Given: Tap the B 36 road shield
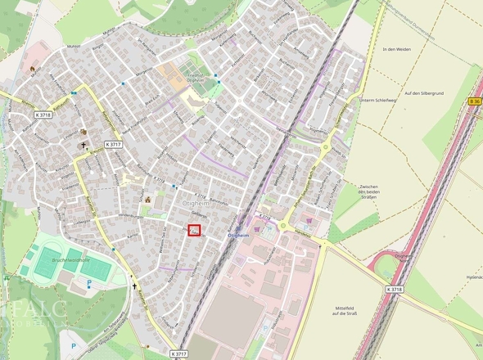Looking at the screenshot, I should click(x=476, y=101).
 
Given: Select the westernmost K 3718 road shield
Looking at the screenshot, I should click(x=44, y=116).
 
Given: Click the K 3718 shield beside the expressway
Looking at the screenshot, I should click(x=394, y=289).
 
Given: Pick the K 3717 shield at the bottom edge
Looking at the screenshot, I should click(x=180, y=353).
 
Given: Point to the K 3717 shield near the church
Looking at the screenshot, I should click(x=114, y=144).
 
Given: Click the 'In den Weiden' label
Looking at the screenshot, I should click(x=395, y=50).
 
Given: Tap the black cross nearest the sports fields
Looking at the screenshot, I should click(x=135, y=286).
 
